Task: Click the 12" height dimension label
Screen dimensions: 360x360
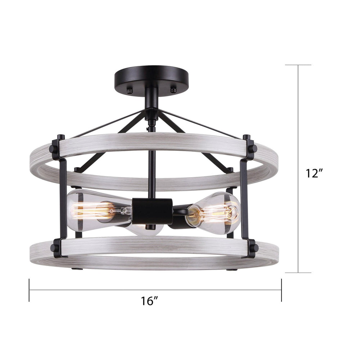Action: (312, 173)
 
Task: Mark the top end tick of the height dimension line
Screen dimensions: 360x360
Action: (298, 65)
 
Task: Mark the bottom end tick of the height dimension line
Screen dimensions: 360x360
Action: (298, 273)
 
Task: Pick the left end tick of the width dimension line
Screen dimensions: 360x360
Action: (29, 290)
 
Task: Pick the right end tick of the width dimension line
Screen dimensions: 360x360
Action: (282, 290)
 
